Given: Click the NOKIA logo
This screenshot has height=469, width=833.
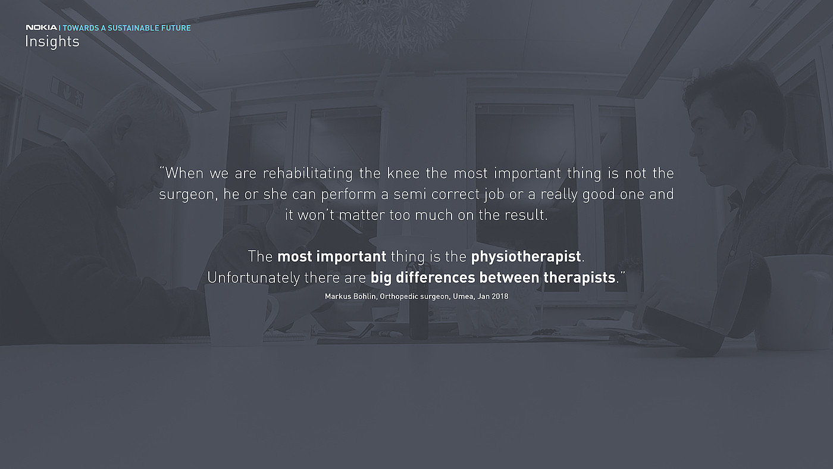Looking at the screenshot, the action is click(41, 27).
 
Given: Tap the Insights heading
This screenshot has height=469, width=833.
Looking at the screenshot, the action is click(52, 42).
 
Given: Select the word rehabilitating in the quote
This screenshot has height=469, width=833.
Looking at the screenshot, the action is click(308, 173).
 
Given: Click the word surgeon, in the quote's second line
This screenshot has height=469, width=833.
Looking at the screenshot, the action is click(188, 195).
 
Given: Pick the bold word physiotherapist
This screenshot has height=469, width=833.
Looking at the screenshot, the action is click(526, 257).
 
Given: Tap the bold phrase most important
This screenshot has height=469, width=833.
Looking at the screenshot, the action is click(332, 257).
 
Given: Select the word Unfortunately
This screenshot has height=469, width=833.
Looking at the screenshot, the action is click(253, 278).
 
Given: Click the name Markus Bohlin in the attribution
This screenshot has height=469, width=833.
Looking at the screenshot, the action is click(350, 296).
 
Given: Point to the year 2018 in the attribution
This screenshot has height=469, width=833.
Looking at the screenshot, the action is click(500, 296).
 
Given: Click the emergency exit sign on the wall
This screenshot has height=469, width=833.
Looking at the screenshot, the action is click(67, 91).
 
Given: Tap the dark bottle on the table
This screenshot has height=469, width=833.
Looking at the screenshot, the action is click(419, 302).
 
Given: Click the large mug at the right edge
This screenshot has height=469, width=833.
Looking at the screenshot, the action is click(793, 302).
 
